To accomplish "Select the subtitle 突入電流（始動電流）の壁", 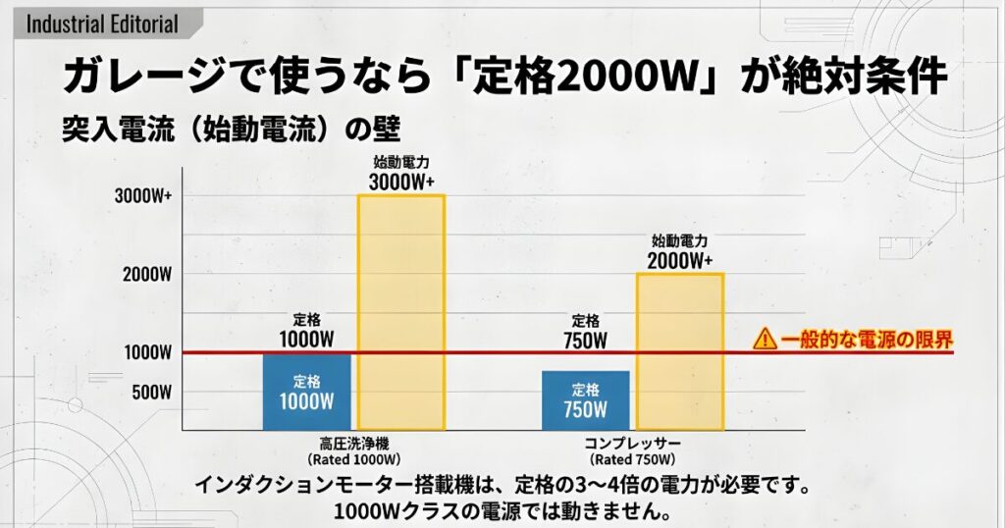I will (x=233, y=129).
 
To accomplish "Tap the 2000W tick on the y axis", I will (x=148, y=273).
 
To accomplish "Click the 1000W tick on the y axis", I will (x=148, y=351).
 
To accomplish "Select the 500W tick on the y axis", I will (x=152, y=392).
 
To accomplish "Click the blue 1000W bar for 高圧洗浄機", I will (x=307, y=392).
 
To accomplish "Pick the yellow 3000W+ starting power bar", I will (x=400, y=311).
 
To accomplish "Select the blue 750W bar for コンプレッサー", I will (x=586, y=400).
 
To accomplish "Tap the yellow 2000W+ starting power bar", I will (x=680, y=350).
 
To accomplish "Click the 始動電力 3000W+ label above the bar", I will (x=401, y=174).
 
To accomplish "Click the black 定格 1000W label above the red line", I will (x=307, y=331).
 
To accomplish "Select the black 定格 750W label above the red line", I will (x=586, y=331).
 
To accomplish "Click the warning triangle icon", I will (x=765, y=340).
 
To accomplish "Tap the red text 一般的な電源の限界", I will (x=868, y=340).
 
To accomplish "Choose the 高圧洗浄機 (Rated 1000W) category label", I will (x=354, y=450).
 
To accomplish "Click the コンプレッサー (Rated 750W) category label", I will (x=633, y=450).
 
